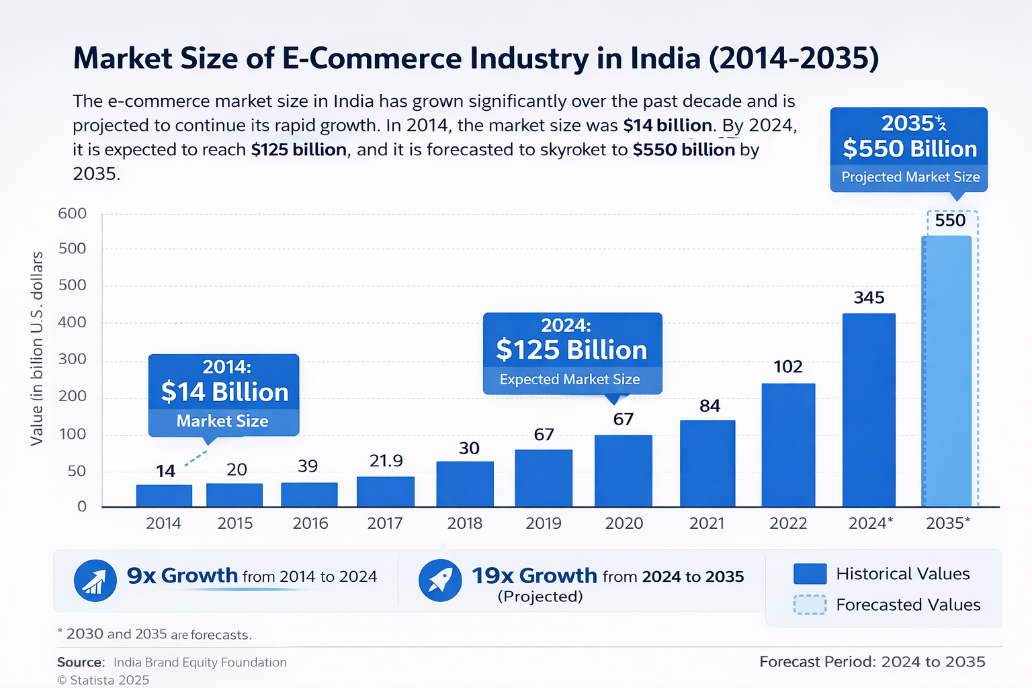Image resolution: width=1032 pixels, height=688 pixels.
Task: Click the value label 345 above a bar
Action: click(869, 298)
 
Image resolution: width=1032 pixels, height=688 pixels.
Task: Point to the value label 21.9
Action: click(386, 461)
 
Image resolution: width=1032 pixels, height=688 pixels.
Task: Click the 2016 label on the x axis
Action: click(310, 523)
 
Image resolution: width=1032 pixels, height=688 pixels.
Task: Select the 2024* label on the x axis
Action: click(870, 523)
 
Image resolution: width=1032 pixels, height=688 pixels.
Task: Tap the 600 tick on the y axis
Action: click(73, 214)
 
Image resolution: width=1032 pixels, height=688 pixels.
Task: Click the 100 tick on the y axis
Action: click(73, 434)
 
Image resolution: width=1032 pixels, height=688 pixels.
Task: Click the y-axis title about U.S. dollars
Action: click(37, 348)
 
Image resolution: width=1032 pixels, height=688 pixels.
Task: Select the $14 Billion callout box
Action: click(224, 394)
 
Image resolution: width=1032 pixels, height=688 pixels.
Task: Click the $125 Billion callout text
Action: click(572, 350)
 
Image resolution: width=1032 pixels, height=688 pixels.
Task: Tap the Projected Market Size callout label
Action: click(910, 177)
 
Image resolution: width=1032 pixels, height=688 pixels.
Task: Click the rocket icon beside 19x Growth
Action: click(440, 580)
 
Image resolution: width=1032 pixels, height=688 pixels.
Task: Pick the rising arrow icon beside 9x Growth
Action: click(95, 580)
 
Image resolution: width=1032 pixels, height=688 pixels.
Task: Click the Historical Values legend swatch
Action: click(810, 574)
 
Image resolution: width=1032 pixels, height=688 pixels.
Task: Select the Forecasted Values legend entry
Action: click(908, 605)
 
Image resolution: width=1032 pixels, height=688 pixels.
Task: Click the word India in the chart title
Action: click(665, 58)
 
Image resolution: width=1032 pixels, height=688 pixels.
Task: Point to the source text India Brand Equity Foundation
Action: click(200, 662)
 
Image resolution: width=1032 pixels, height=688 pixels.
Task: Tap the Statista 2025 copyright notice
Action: click(103, 680)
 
